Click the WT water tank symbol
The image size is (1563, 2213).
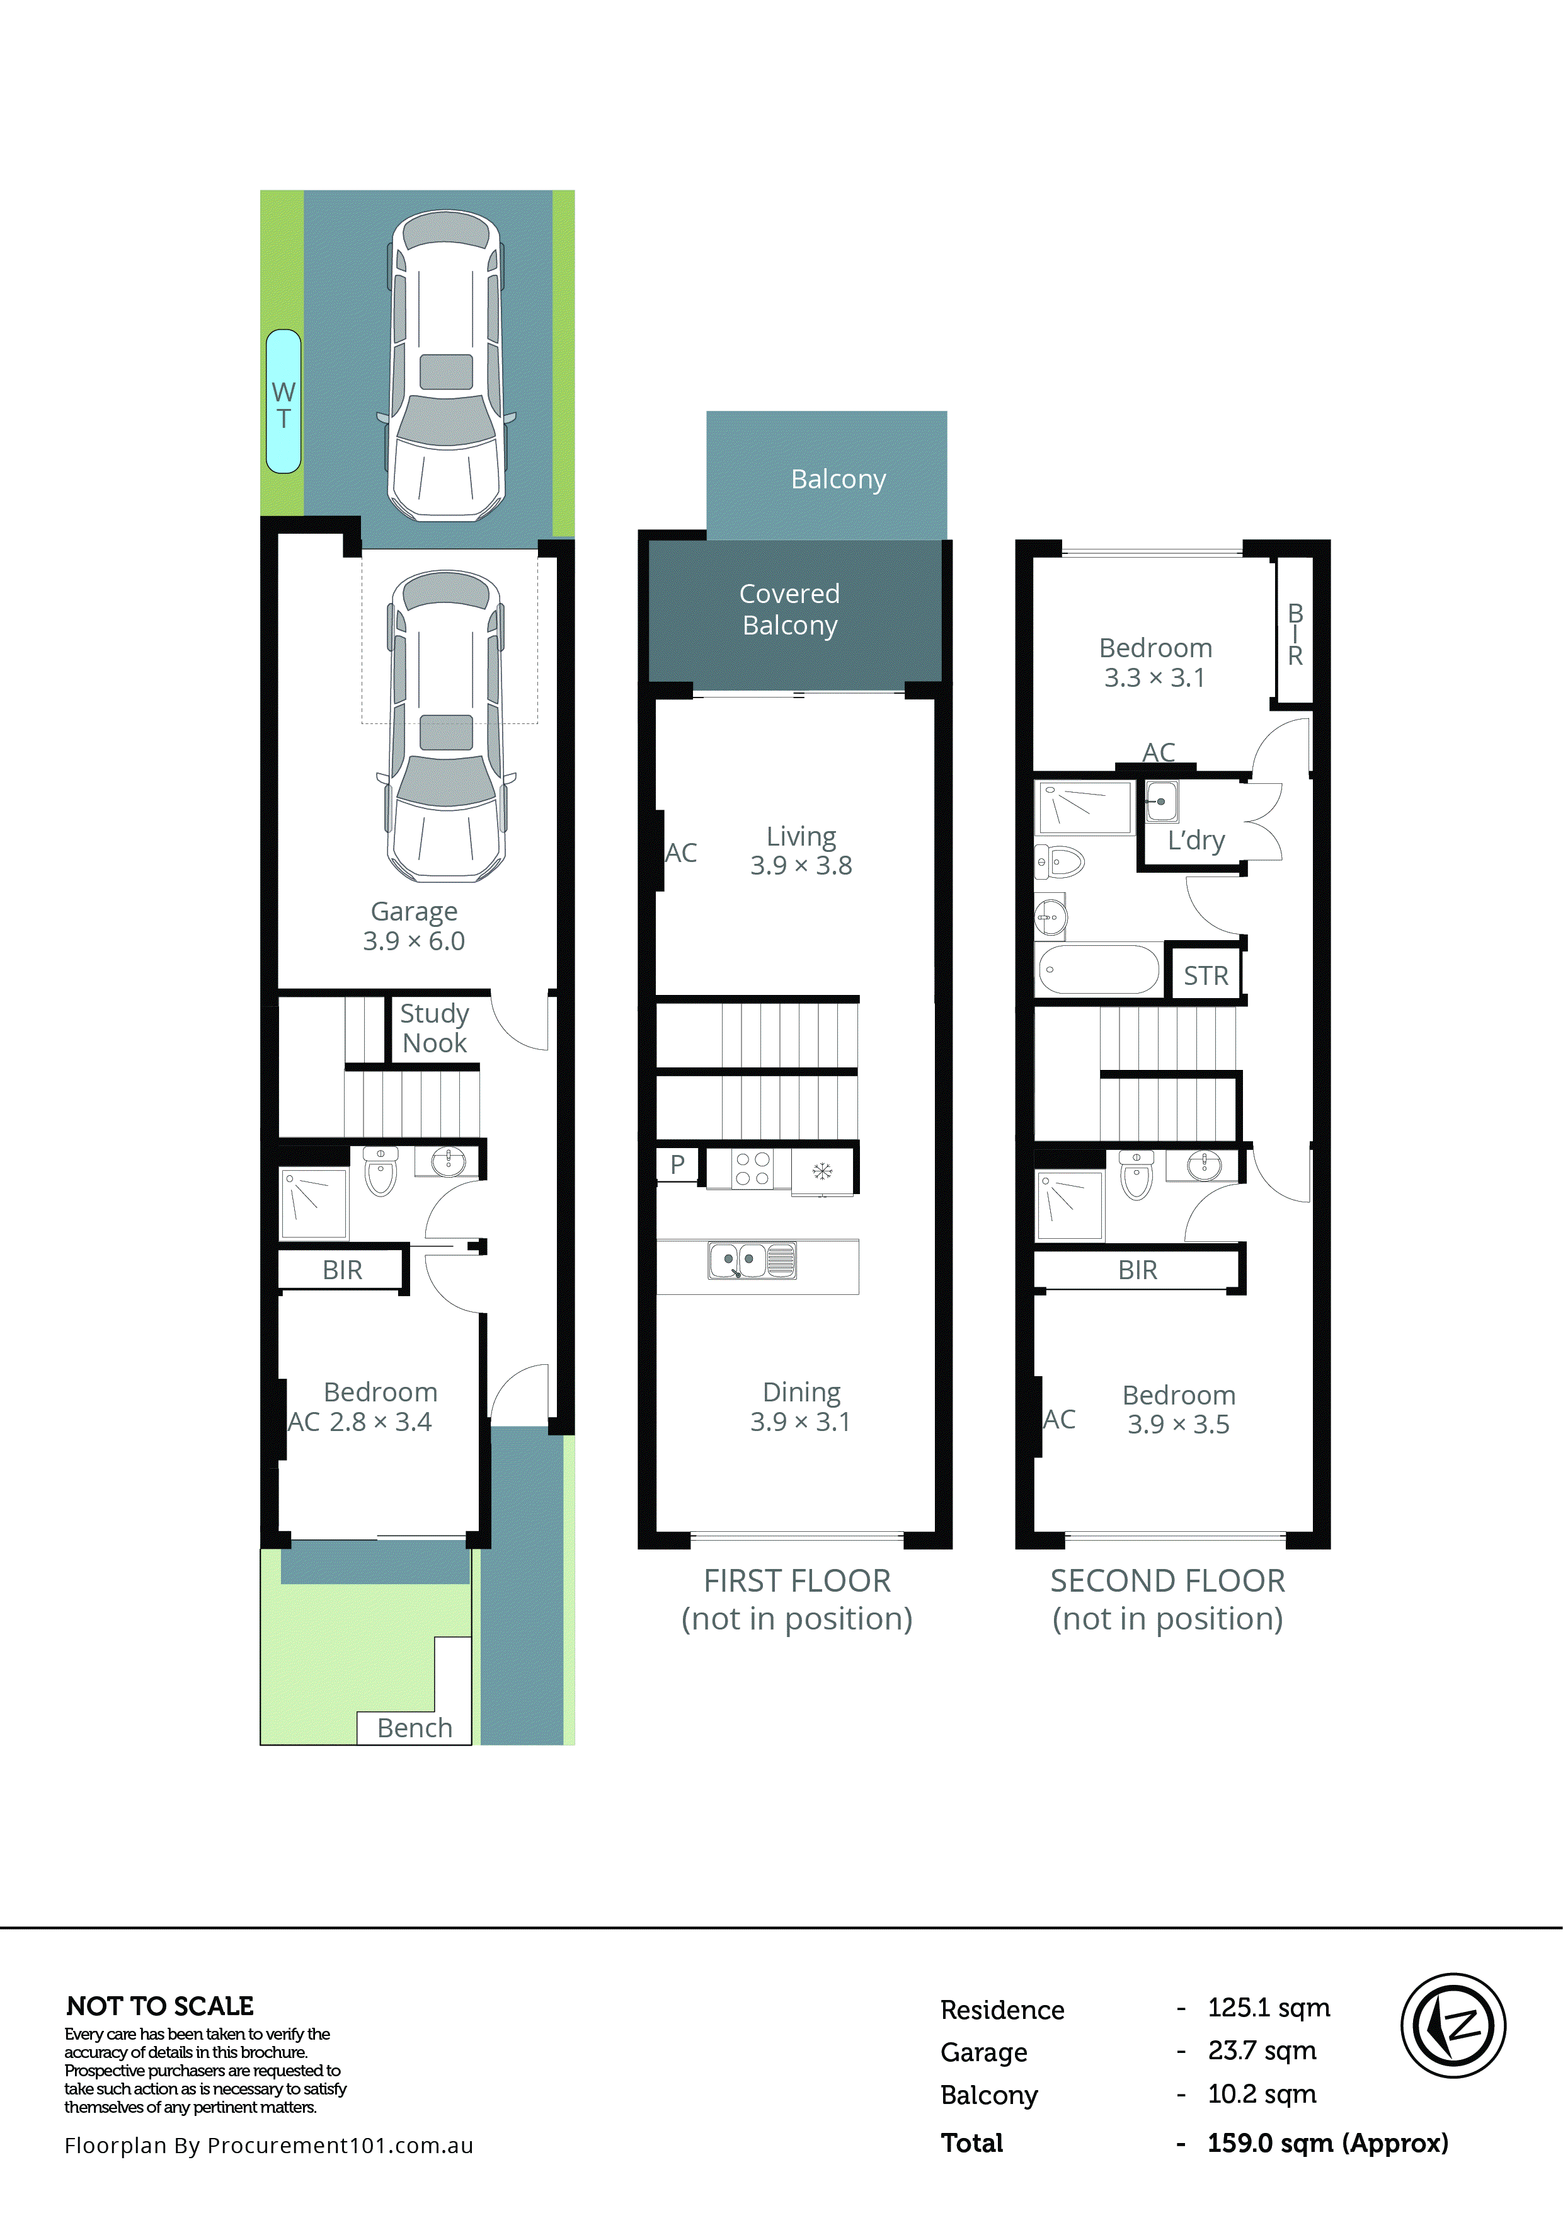click(x=283, y=402)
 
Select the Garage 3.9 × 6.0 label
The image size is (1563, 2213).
click(x=415, y=926)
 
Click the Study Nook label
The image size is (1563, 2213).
click(x=435, y=1028)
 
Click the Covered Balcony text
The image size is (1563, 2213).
click(x=789, y=609)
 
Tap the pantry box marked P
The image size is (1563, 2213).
click(x=677, y=1164)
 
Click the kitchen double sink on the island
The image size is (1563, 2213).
click(x=752, y=1260)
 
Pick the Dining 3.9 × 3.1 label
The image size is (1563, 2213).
click(x=801, y=1406)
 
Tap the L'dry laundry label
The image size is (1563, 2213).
click(x=1196, y=841)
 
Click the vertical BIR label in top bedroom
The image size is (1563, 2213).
click(x=1295, y=634)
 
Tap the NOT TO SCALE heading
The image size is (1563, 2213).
click(x=160, y=2007)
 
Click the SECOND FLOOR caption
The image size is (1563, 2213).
click(x=1167, y=1581)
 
